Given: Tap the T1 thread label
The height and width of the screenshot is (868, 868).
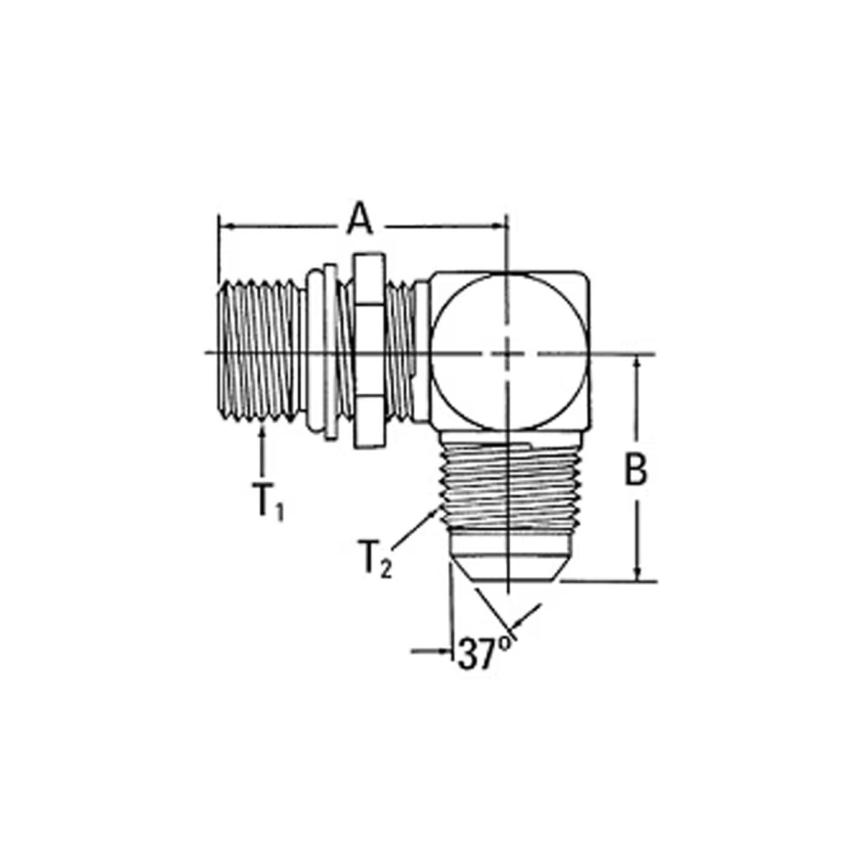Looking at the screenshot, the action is point(271,502).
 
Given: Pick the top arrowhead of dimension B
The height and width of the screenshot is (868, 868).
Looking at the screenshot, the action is point(637,365).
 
